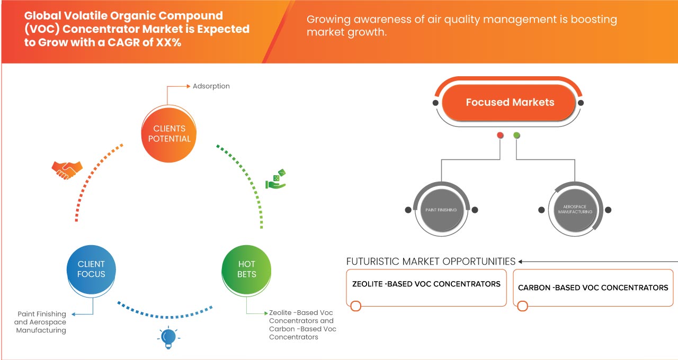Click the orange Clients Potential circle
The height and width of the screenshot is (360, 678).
(x=169, y=133)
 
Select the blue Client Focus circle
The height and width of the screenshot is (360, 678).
(x=91, y=269)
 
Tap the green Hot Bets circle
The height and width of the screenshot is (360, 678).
(x=246, y=269)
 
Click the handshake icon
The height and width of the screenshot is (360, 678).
(x=67, y=170)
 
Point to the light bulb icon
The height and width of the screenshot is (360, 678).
(x=168, y=337)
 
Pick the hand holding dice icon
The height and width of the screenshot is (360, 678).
(x=275, y=179)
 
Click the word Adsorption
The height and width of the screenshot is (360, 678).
(x=211, y=86)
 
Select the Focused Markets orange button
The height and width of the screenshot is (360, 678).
(x=510, y=102)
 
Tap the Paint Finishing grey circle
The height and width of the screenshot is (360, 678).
(x=441, y=210)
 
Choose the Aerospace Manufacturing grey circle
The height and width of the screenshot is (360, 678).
(x=575, y=210)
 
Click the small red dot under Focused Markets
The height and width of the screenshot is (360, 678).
(x=500, y=136)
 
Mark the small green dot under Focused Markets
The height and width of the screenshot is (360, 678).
(x=516, y=136)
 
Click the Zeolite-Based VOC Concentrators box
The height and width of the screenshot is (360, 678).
(x=426, y=287)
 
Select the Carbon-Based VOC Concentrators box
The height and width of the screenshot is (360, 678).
(x=593, y=287)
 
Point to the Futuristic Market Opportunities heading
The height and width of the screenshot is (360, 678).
(x=431, y=262)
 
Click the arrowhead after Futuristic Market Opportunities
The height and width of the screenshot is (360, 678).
(x=521, y=262)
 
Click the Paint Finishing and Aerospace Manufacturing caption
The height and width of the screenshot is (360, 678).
(x=41, y=322)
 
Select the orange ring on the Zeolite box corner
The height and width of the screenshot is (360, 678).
(x=356, y=306)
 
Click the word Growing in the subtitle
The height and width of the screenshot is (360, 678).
(x=330, y=20)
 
